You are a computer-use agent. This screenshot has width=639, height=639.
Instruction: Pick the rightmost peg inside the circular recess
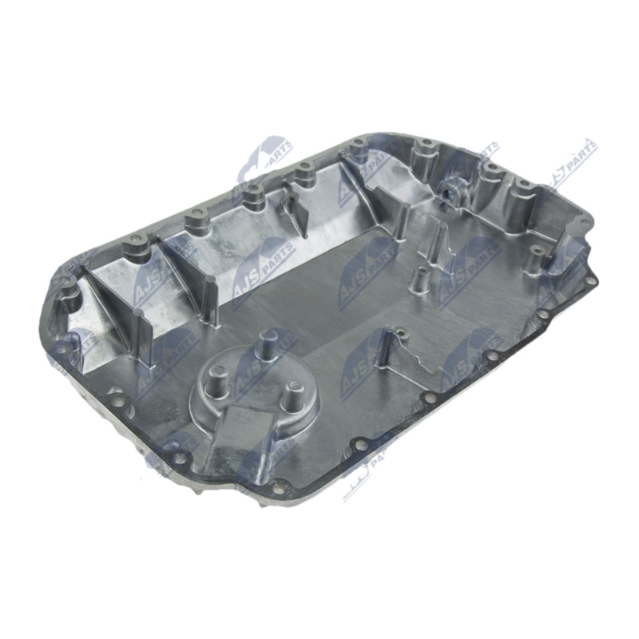pyautogui.click(x=294, y=391)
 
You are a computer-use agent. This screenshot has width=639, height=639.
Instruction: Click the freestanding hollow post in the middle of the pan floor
pyautogui.click(x=415, y=280)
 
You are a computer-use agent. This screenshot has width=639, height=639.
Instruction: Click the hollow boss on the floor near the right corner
pyautogui.click(x=538, y=253)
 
